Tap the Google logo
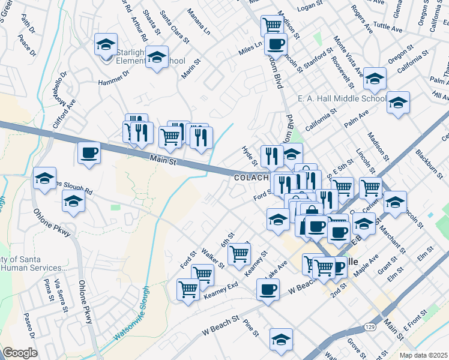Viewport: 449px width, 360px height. click(x=20, y=353)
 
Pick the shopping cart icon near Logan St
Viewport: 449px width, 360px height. click(x=272, y=25)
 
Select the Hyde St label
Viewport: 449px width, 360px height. click(x=249, y=156)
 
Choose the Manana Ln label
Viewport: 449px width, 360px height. click(x=199, y=22)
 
